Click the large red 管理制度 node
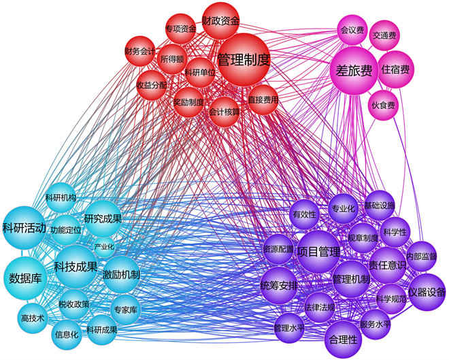tap(243, 60)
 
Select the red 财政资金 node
tap(220, 22)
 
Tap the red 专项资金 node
tap(180, 29)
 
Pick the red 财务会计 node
tap(141, 51)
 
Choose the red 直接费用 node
tap(263, 99)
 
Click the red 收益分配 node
tap(151, 85)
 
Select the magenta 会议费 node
tap(352, 31)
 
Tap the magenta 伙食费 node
tap(383, 105)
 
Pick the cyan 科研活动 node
tap(24, 227)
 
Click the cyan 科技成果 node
tap(76, 266)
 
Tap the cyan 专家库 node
tap(126, 310)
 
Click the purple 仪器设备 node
tap(427, 293)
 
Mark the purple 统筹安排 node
tap(280, 285)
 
